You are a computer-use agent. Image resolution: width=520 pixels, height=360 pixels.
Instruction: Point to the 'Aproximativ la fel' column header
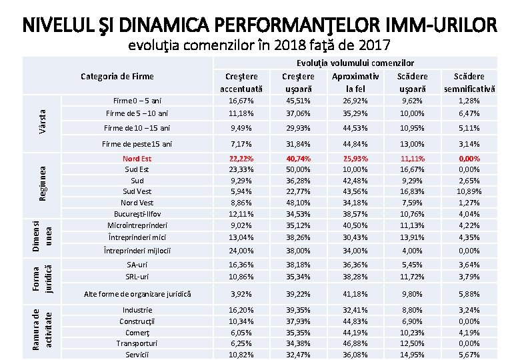355,83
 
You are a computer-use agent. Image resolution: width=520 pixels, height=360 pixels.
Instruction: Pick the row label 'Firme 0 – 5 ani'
137,101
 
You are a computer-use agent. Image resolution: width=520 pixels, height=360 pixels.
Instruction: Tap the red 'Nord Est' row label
137,159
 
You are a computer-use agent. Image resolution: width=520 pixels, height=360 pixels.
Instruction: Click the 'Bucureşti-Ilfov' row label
137,213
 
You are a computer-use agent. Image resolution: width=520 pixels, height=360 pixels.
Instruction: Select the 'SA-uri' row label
137,265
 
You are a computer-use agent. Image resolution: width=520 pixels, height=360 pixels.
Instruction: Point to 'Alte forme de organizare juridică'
137,293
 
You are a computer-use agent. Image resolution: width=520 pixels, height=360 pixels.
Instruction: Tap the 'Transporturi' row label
137,343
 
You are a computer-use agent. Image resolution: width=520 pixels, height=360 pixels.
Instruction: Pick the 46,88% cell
355,343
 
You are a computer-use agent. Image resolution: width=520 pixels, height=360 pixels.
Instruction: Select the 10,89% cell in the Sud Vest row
469,191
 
